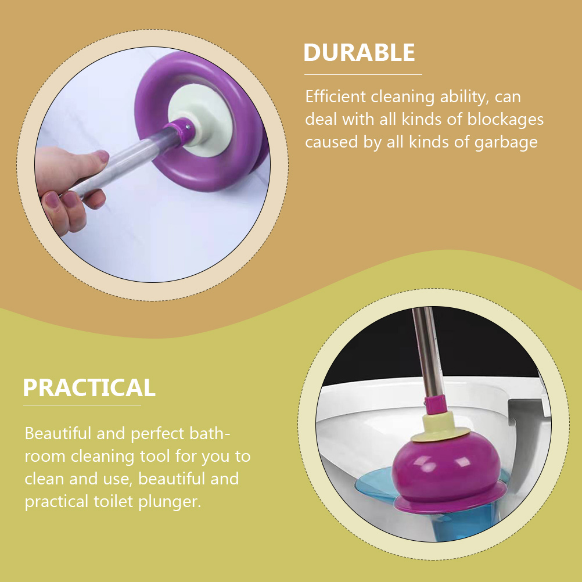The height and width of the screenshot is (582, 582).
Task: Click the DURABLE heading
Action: (359, 53)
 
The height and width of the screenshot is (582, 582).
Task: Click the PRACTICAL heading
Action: (89, 387)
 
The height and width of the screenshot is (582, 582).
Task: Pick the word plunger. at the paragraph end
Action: (174, 501)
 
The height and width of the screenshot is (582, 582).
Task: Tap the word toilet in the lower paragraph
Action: (124, 501)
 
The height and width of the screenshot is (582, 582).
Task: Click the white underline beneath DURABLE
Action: (363, 74)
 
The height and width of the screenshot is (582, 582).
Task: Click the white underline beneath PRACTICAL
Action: (82, 405)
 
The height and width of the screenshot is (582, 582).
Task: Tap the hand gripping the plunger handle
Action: (67, 183)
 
